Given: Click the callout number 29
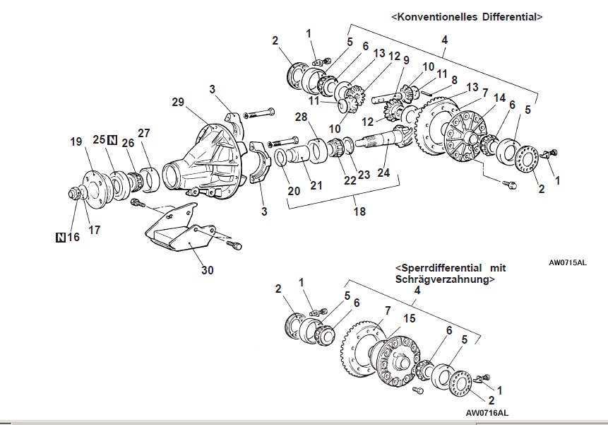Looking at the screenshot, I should [x=178, y=102].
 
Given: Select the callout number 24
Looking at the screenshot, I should [x=383, y=171].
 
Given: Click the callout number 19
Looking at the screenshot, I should [x=76, y=141].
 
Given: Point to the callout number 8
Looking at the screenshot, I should [x=453, y=81].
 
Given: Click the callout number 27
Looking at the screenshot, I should [x=144, y=132].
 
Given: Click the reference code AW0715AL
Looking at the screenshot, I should [x=568, y=262].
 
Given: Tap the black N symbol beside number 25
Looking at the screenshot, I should [x=112, y=140].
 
